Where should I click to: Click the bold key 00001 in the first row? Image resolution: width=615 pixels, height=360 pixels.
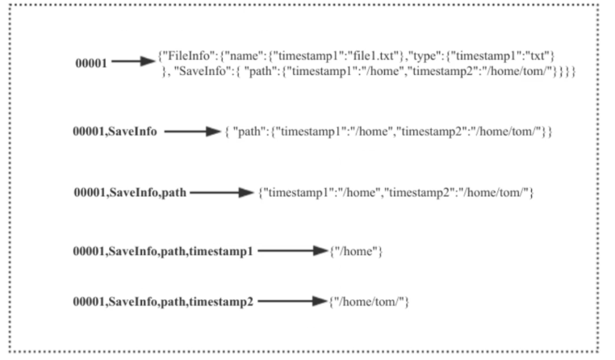pyautogui.click(x=91, y=63)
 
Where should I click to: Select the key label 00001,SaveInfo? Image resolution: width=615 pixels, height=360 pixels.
pyautogui.click(x=115, y=132)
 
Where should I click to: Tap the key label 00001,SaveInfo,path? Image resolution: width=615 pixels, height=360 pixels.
pyautogui.click(x=130, y=193)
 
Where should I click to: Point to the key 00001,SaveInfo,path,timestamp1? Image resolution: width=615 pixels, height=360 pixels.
pyautogui.click(x=163, y=251)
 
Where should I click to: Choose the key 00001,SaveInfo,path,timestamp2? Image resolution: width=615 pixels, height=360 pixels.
pyautogui.click(x=163, y=302)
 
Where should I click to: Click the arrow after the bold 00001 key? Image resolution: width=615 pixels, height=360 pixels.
pyautogui.click(x=133, y=61)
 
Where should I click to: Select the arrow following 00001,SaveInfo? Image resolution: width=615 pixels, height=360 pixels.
pyautogui.click(x=193, y=132)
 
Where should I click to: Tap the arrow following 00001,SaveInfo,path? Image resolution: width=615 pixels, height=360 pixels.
pyautogui.click(x=222, y=193)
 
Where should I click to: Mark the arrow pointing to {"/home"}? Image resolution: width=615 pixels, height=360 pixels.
pyautogui.click(x=293, y=250)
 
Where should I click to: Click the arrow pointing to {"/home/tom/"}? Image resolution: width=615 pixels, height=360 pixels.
pyautogui.click(x=293, y=301)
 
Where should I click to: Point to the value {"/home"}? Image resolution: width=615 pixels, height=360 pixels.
pyautogui.click(x=356, y=251)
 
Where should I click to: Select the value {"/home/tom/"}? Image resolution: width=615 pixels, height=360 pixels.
pyautogui.click(x=369, y=302)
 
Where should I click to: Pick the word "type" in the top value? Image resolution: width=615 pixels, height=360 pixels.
pyautogui.click(x=425, y=57)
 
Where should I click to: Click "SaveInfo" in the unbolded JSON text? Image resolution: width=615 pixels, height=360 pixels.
pyautogui.click(x=200, y=71)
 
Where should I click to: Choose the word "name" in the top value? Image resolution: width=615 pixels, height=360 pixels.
pyautogui.click(x=245, y=56)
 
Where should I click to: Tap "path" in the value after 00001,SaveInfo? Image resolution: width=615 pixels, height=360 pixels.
pyautogui.click(x=249, y=132)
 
